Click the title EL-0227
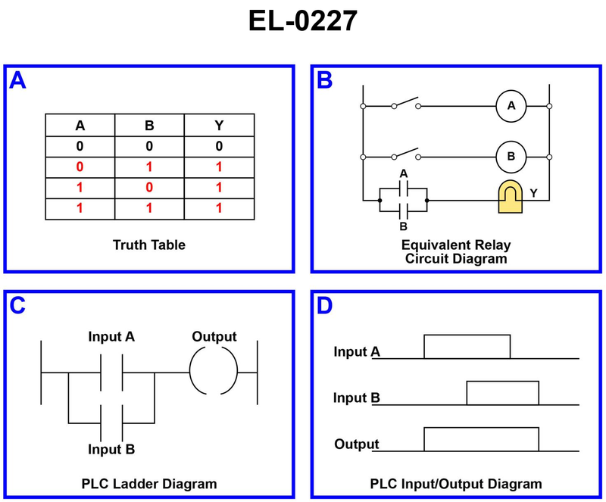302,21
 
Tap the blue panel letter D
325,305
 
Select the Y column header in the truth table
218,126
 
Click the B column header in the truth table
149,126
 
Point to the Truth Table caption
149,245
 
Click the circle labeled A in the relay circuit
511,106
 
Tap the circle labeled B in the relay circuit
511,157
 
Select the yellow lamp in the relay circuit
512,198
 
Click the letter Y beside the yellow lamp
534,194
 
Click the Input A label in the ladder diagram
111,336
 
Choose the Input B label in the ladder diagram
111,450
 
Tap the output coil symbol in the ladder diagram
214,373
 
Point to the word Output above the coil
214,336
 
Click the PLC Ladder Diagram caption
149,483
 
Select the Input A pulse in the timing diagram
467,346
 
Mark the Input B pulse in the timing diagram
502,393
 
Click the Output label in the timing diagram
356,444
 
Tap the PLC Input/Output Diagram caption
456,483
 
